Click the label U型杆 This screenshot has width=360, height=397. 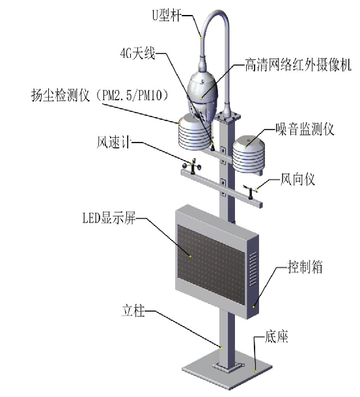(x=167, y=15)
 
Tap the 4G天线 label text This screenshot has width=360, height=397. (x=137, y=53)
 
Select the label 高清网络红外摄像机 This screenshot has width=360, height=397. (x=298, y=65)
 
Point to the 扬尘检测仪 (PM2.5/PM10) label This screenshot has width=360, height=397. (x=100, y=95)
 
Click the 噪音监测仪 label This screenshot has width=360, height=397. (x=305, y=129)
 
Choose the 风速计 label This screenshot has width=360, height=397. (x=113, y=142)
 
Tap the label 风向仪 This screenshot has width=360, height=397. (x=298, y=179)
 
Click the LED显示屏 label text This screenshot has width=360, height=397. (x=109, y=218)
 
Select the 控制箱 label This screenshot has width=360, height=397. (x=305, y=267)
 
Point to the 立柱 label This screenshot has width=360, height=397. (x=133, y=310)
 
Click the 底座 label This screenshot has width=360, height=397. (x=276, y=336)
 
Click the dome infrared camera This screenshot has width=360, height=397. (x=202, y=96)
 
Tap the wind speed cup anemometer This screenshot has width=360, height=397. (x=192, y=167)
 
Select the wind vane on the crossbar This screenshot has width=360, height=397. (x=250, y=191)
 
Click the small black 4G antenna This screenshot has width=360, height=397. (x=213, y=147)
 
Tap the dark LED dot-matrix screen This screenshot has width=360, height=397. (x=211, y=264)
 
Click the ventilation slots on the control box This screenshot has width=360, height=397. (x=253, y=269)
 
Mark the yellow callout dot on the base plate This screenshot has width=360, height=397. (x=256, y=371)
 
